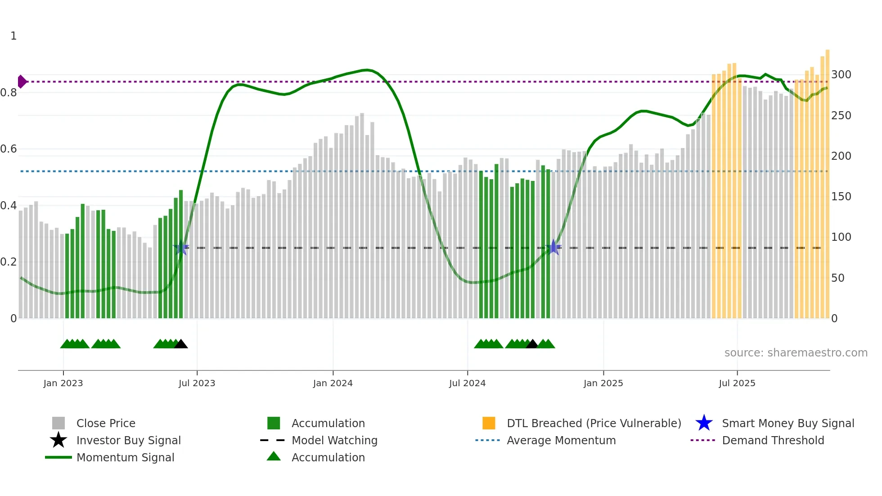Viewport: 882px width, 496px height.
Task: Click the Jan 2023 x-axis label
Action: [63, 383]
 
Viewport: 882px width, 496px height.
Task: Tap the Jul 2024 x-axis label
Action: [467, 383]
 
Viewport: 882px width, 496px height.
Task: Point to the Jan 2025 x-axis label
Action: [603, 383]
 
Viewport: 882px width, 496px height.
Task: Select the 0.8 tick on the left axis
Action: [9, 93]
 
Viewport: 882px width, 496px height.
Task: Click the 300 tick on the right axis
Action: [841, 75]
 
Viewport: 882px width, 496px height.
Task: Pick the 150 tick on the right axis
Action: [841, 197]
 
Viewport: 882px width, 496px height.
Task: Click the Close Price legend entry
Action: [106, 424]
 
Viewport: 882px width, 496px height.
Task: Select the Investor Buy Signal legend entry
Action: [128, 441]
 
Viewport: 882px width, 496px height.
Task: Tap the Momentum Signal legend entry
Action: [125, 458]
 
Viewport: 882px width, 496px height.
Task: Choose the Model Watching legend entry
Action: [334, 441]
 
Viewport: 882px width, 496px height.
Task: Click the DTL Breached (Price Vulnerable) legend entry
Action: [594, 424]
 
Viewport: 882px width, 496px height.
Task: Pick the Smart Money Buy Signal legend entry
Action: [787, 424]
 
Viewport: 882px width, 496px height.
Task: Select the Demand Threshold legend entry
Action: [773, 441]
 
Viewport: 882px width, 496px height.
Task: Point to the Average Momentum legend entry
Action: [561, 441]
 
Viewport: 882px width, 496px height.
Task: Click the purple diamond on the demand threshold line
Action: [22, 82]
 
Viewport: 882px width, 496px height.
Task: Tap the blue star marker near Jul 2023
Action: [181, 248]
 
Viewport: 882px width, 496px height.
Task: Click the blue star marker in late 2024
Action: [553, 247]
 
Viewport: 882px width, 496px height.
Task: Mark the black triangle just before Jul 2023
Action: [181, 344]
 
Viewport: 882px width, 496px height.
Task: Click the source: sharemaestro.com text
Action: [796, 353]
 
